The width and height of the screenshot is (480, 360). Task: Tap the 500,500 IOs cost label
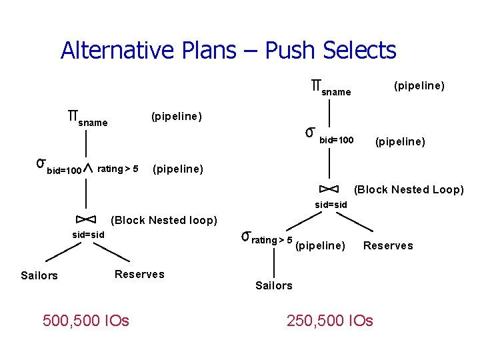[86, 321]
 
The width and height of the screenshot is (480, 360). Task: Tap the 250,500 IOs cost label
[330, 321]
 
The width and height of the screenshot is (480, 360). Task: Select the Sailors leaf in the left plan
[39, 275]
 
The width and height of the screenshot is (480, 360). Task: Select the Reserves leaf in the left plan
[139, 274]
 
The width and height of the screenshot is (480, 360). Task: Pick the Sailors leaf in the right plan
[273, 285]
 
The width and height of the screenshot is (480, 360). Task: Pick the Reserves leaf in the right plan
[388, 245]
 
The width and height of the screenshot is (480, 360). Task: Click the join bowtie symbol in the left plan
[87, 219]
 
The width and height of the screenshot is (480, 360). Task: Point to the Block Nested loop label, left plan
[164, 220]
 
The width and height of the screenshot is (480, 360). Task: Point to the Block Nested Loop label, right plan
[409, 189]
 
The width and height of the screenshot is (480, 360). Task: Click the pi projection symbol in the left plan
[71, 115]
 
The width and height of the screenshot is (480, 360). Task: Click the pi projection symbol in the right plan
[316, 85]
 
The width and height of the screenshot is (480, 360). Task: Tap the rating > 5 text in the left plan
[118, 168]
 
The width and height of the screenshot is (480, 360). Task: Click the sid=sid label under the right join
[331, 204]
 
